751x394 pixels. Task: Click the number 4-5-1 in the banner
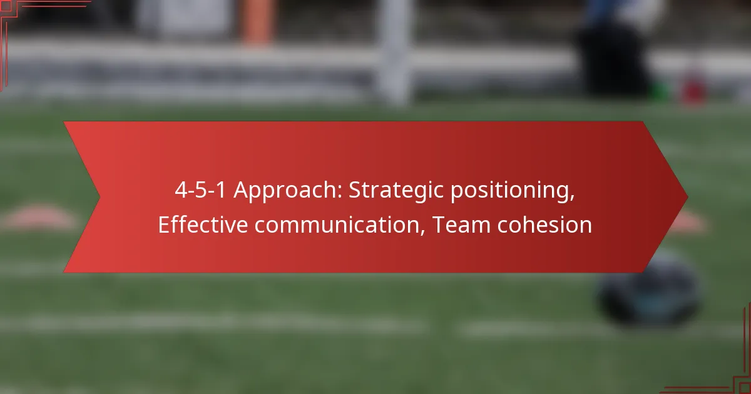(200, 190)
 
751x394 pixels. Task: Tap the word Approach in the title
(288, 191)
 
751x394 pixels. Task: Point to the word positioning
(513, 191)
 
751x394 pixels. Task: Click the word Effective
(203, 225)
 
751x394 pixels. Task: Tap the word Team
(462, 225)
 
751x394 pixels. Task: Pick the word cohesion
(545, 225)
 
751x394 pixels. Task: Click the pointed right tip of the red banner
(688, 198)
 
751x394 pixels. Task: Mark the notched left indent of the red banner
(100, 197)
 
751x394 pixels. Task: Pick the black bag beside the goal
(613, 60)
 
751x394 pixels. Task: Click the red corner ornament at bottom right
(743, 385)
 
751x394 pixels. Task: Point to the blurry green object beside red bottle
(660, 91)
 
